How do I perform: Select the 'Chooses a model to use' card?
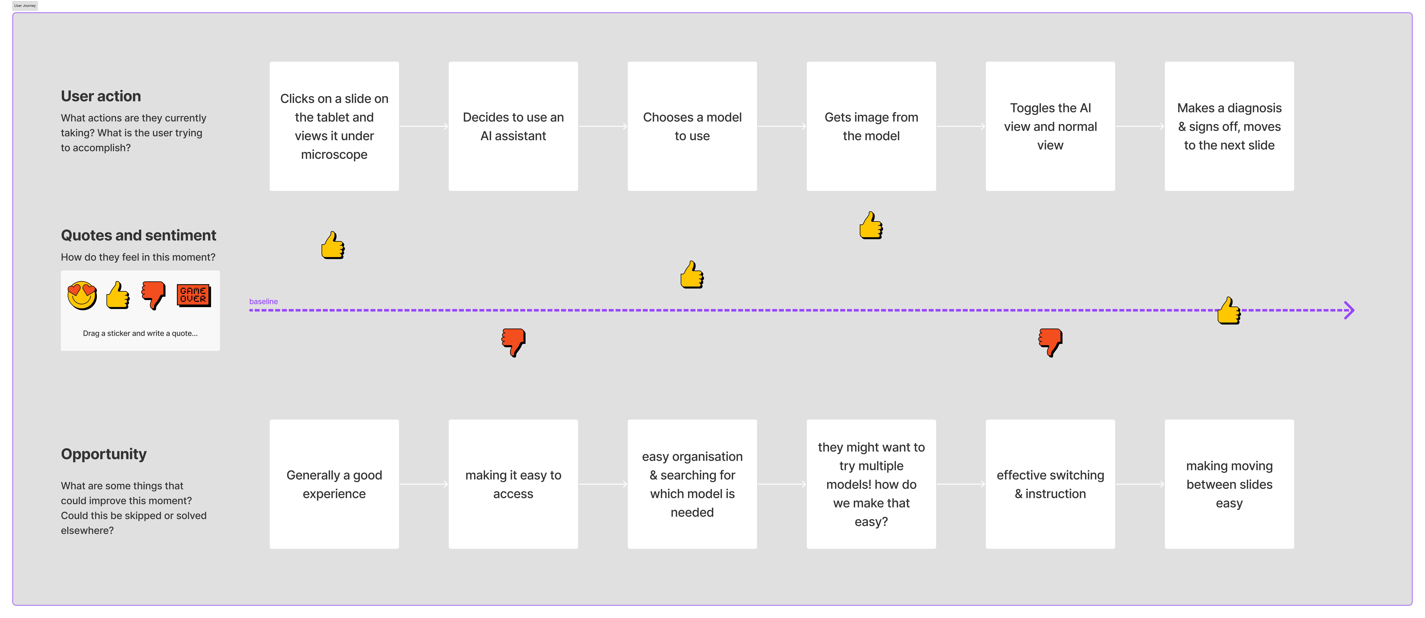692,127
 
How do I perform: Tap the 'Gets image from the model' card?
871,127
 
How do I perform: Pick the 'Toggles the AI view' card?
1050,127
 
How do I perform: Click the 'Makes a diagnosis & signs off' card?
1229,127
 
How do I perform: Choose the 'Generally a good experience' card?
334,484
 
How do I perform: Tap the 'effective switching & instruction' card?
1050,484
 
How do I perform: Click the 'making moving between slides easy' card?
1229,484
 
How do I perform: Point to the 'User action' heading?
101,96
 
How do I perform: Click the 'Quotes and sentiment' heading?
138,235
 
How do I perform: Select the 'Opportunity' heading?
104,454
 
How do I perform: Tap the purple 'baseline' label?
263,301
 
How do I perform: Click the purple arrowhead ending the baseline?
1350,310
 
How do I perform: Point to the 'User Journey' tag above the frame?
25,6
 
